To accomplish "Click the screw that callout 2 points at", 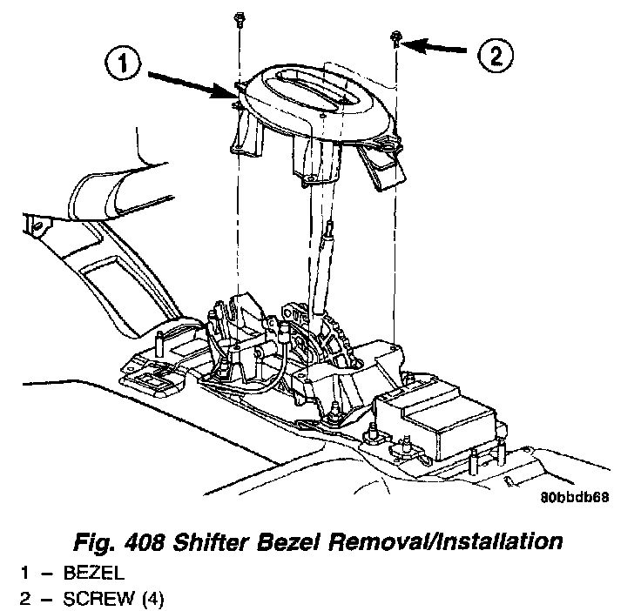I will pos(396,37).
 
